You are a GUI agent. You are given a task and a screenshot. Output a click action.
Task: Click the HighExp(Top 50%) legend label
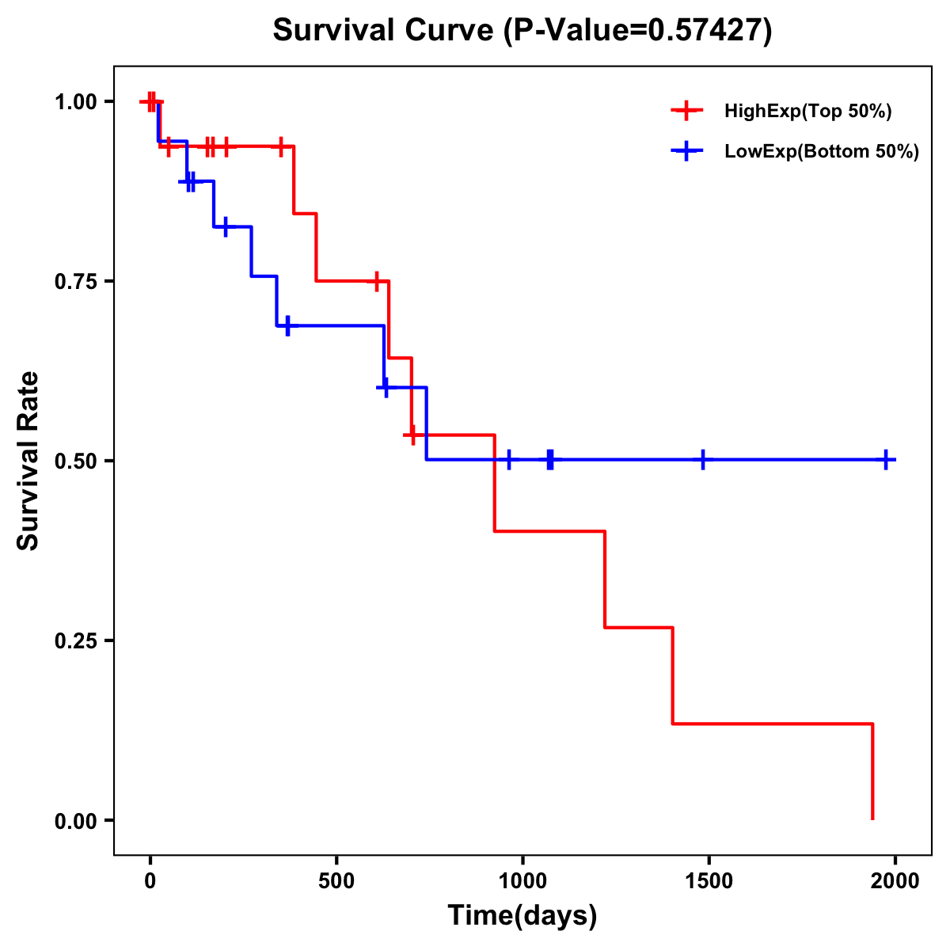click(x=807, y=112)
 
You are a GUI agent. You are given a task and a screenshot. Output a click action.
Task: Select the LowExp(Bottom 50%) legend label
click(x=822, y=152)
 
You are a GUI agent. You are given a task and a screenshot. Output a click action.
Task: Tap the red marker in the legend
click(x=686, y=111)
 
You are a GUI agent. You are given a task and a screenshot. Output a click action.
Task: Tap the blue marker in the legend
click(x=686, y=151)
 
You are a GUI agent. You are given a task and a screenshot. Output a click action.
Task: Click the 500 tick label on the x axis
click(x=336, y=881)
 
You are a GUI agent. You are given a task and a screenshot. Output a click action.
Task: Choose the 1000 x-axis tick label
click(x=522, y=881)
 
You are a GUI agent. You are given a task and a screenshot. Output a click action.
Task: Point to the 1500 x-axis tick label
click(x=709, y=881)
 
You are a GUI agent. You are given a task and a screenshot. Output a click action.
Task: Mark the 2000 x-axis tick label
click(x=895, y=881)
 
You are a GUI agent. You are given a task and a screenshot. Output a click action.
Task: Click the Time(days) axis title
click(x=522, y=916)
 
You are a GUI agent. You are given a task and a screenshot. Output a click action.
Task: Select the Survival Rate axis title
click(x=28, y=461)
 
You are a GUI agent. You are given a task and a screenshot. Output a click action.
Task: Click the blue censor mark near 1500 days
click(x=702, y=460)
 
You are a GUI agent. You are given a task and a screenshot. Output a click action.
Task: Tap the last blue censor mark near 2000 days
click(x=887, y=460)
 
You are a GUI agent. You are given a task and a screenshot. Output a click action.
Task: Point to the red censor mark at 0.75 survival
click(x=377, y=281)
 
